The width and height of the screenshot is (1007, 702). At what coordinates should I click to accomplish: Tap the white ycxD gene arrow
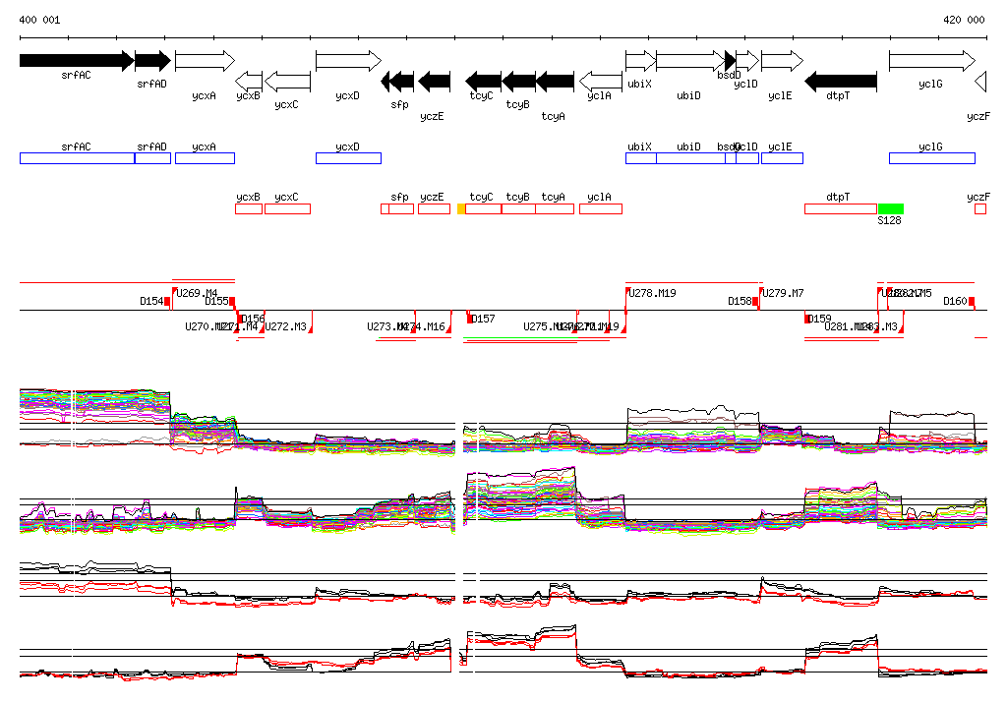click(x=347, y=61)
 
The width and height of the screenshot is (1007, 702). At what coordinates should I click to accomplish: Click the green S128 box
click(x=891, y=208)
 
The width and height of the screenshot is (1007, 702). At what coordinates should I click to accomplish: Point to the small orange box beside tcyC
click(x=461, y=208)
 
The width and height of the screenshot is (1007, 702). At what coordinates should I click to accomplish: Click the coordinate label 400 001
click(x=39, y=20)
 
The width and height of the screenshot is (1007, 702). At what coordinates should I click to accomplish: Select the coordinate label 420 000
click(x=964, y=20)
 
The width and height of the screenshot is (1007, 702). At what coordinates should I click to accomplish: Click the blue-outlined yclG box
click(x=932, y=158)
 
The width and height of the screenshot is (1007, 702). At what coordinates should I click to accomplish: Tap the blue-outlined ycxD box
click(x=348, y=158)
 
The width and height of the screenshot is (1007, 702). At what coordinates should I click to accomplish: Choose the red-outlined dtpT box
click(x=840, y=208)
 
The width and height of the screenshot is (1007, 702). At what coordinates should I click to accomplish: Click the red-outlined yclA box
click(x=600, y=208)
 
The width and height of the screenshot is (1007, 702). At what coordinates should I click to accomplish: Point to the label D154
click(x=151, y=302)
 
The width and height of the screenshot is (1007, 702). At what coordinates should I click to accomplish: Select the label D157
click(x=483, y=319)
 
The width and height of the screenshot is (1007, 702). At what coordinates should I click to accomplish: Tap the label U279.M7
click(x=783, y=293)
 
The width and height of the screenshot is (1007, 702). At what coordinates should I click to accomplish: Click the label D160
click(x=955, y=302)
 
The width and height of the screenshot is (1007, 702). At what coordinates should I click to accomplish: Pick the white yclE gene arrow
click(x=782, y=61)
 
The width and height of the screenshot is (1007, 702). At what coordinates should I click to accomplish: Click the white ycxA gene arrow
click(x=205, y=61)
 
